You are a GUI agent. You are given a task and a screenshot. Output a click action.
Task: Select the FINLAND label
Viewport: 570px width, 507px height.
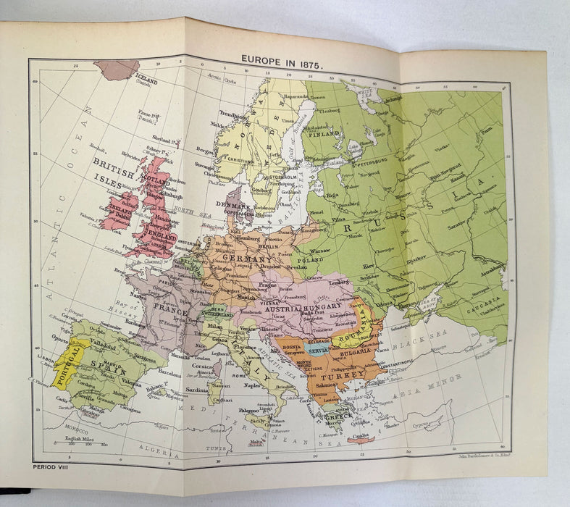point(323,134)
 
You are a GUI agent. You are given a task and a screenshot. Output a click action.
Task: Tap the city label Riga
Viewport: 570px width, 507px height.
point(332,196)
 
